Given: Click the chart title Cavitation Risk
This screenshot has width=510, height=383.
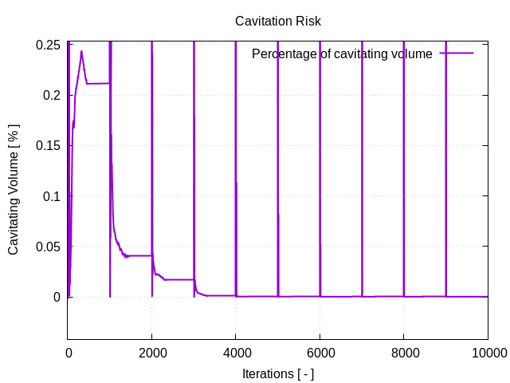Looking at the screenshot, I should tap(278, 22).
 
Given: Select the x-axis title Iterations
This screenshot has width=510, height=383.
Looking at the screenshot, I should tap(278, 373).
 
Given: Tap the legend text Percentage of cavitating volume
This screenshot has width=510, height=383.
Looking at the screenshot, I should tap(342, 54).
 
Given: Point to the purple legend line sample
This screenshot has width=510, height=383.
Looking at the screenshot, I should tap(457, 53).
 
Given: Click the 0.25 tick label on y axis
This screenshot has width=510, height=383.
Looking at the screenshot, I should tap(49, 45).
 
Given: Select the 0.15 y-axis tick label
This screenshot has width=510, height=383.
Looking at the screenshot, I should tap(49, 146).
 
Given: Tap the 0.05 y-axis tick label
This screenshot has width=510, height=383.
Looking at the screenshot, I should tap(49, 247).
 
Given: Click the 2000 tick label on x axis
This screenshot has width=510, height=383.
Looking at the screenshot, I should tap(151, 351).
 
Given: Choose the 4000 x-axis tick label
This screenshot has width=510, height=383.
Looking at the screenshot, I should tap(236, 351).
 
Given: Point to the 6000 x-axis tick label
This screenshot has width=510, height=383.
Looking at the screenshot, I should tap(320, 351).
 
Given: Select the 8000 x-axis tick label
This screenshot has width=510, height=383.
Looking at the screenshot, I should tap(404, 351).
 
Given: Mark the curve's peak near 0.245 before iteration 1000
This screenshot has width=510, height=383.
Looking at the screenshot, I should tap(81, 52).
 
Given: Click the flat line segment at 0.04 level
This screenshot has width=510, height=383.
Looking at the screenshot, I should tap(139, 255).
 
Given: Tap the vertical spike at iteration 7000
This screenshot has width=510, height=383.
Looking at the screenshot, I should tap(362, 160).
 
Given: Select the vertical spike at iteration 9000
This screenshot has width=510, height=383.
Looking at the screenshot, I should tap(445, 160).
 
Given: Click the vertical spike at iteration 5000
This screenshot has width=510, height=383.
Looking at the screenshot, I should tap(278, 160).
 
